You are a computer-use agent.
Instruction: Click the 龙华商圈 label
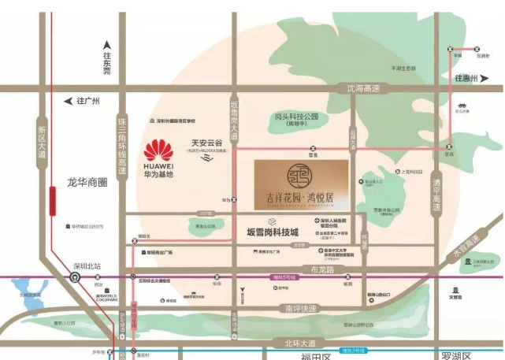(87, 181)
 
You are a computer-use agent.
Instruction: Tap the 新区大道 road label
(42, 142)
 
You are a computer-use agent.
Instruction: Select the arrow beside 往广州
(67, 102)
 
